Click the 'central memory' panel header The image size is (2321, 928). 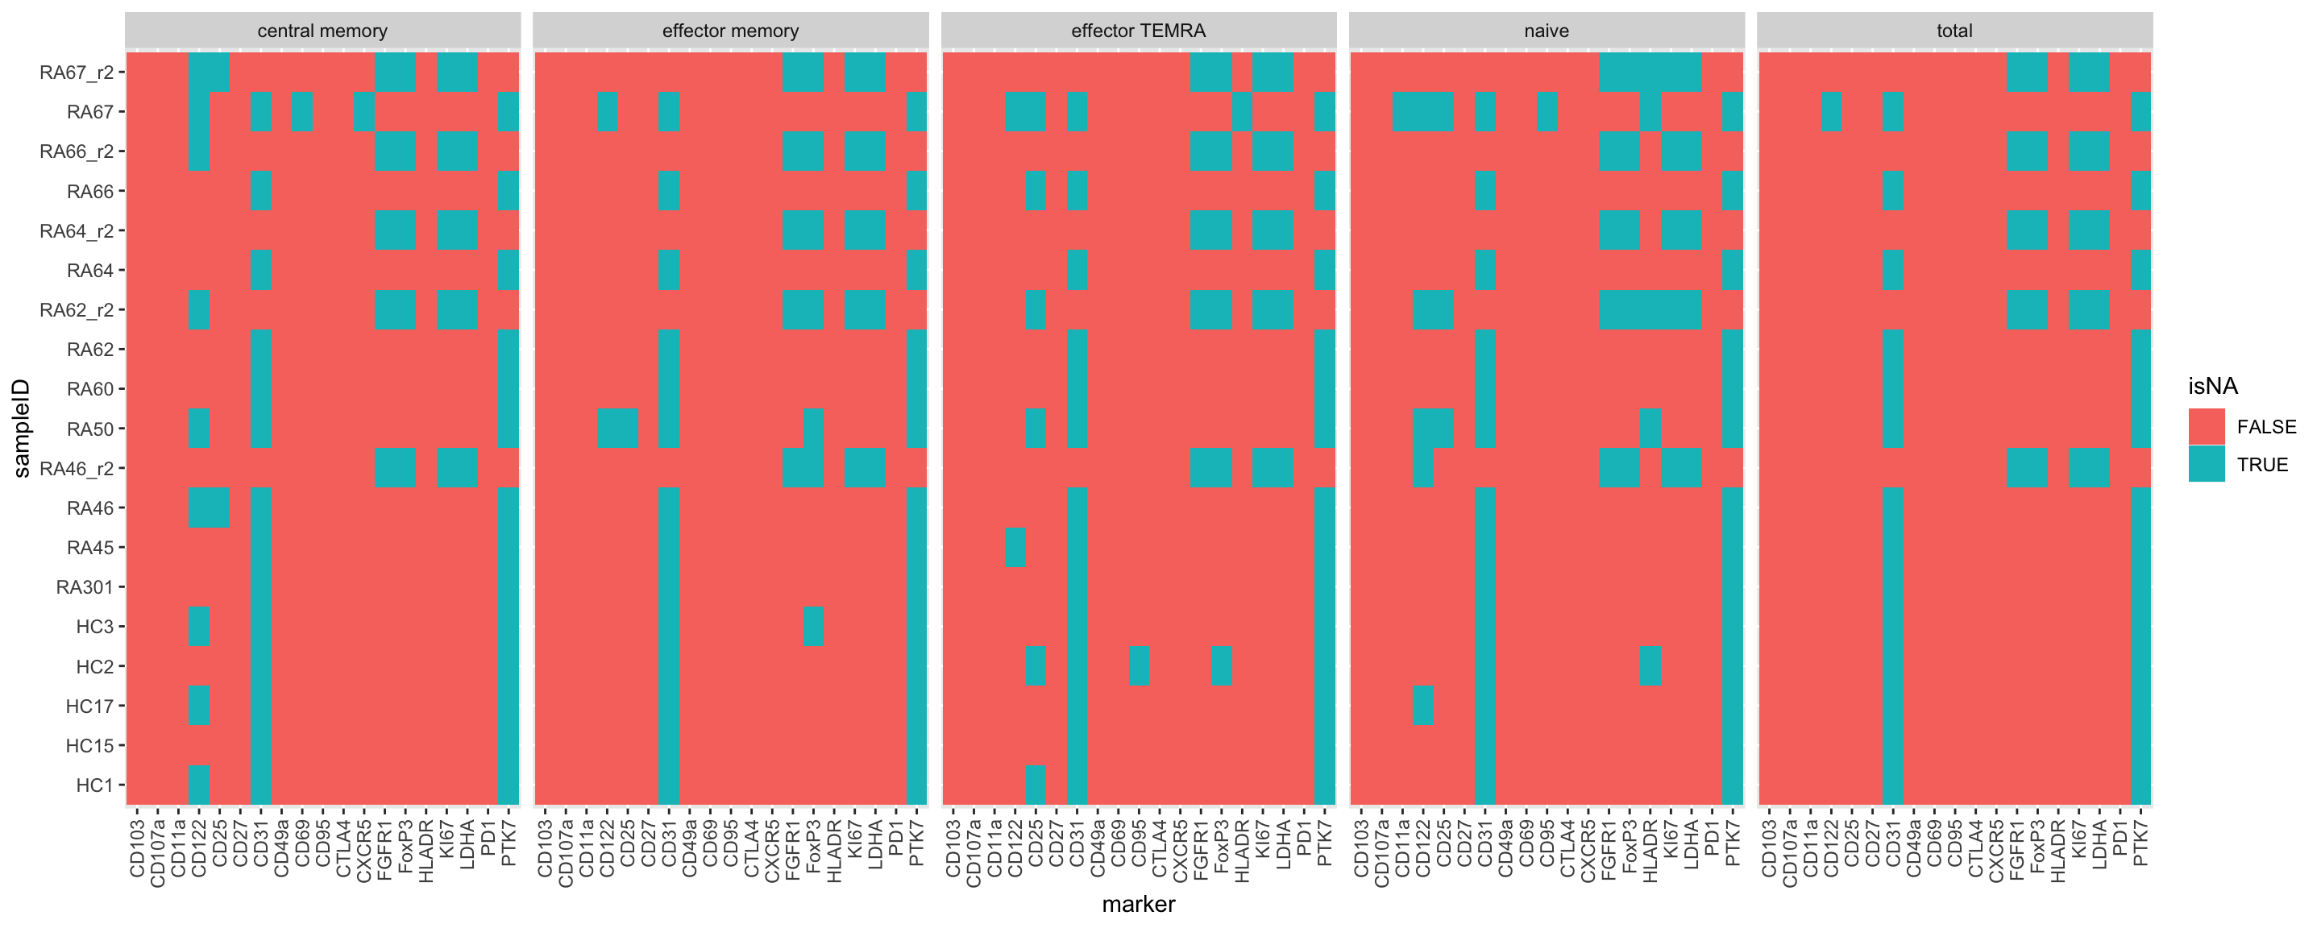click(322, 31)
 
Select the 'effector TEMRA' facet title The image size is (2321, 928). click(1137, 31)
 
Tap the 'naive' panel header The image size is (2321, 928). click(1547, 31)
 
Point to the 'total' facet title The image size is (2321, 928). click(1954, 31)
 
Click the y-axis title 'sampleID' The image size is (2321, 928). click(22, 428)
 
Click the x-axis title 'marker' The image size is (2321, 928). click(1137, 904)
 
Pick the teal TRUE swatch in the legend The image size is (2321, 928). click(2206, 464)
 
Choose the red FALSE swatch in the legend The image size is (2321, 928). click(2206, 426)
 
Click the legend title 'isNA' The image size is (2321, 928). click(2212, 387)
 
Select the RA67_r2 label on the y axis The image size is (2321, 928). click(77, 72)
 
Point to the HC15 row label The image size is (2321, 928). click(90, 746)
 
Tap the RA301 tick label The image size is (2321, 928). click(85, 587)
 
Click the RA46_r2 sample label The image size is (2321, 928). click(77, 469)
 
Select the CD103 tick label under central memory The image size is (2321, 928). click(137, 846)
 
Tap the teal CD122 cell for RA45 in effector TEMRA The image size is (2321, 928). click(1015, 547)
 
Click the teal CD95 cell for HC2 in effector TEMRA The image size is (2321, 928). click(1139, 666)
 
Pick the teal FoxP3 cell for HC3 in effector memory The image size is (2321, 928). click(812, 626)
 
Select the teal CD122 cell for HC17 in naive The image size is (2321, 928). click(1422, 706)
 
